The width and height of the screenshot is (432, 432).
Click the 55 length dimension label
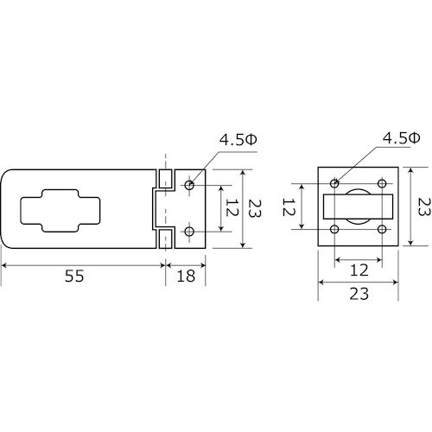(x=74, y=276)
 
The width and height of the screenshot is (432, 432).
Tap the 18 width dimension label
(x=186, y=276)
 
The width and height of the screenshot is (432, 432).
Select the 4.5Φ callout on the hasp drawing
(x=238, y=140)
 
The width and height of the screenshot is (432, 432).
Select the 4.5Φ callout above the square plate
(x=401, y=138)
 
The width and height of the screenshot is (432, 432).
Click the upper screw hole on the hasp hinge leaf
(x=189, y=185)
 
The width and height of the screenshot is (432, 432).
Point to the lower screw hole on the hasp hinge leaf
(x=189, y=232)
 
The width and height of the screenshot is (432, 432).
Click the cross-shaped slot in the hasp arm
(x=60, y=211)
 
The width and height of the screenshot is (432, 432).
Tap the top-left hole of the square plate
(x=334, y=183)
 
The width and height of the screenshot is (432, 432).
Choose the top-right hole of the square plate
(x=382, y=183)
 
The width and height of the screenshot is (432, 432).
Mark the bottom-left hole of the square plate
(x=334, y=230)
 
